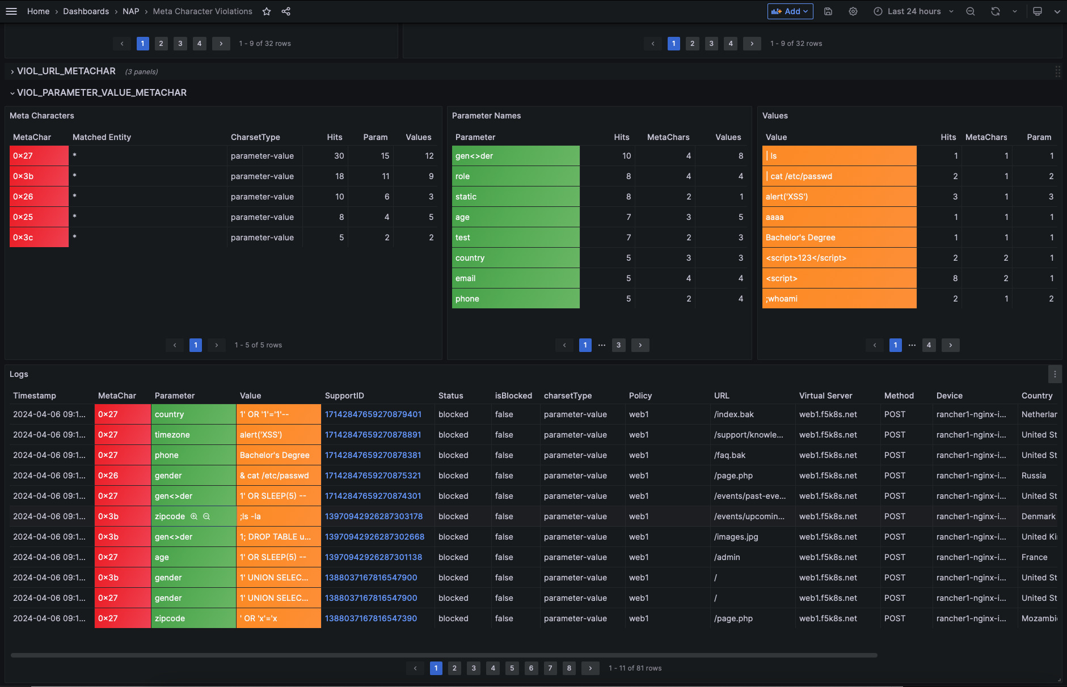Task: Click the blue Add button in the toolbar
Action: click(x=789, y=11)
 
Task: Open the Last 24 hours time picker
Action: click(x=913, y=11)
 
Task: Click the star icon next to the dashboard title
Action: click(x=267, y=11)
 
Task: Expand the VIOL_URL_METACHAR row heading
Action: click(x=66, y=71)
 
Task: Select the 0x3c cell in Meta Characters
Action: click(x=39, y=238)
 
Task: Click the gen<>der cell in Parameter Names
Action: click(x=515, y=156)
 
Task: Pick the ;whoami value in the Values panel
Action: click(x=838, y=299)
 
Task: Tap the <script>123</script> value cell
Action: click(x=838, y=258)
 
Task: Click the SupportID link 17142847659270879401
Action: click(x=373, y=414)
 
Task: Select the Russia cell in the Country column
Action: click(x=1034, y=476)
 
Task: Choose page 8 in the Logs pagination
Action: click(x=569, y=668)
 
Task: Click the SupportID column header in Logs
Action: click(x=344, y=396)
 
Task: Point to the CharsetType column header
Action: click(x=255, y=137)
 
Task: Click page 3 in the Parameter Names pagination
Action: click(x=618, y=345)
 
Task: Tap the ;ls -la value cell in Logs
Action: click(x=278, y=516)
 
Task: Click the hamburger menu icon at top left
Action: click(x=11, y=11)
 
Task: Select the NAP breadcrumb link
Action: click(x=130, y=11)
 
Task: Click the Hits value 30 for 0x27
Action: click(x=339, y=156)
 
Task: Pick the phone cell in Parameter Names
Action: click(x=515, y=299)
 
